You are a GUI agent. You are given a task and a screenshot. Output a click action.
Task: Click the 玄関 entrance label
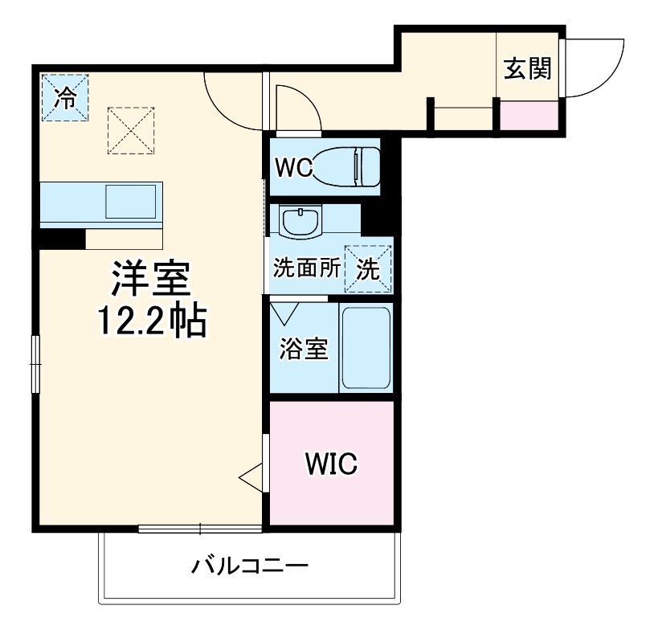coord(528,69)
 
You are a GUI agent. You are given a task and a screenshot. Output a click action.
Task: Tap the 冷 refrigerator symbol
coord(65,98)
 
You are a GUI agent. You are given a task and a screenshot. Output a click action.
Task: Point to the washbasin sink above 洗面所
coord(300,219)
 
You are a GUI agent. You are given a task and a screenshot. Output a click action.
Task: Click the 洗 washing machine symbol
coord(368,269)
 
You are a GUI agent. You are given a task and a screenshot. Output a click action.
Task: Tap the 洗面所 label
coord(305,269)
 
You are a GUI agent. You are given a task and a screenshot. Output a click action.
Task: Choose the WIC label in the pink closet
coord(330,464)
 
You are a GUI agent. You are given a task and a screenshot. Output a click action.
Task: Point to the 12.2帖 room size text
coord(153,322)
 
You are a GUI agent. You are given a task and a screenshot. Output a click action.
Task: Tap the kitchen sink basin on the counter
coord(131,201)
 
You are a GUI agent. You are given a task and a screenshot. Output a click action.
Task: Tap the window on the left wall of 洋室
coord(35,363)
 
